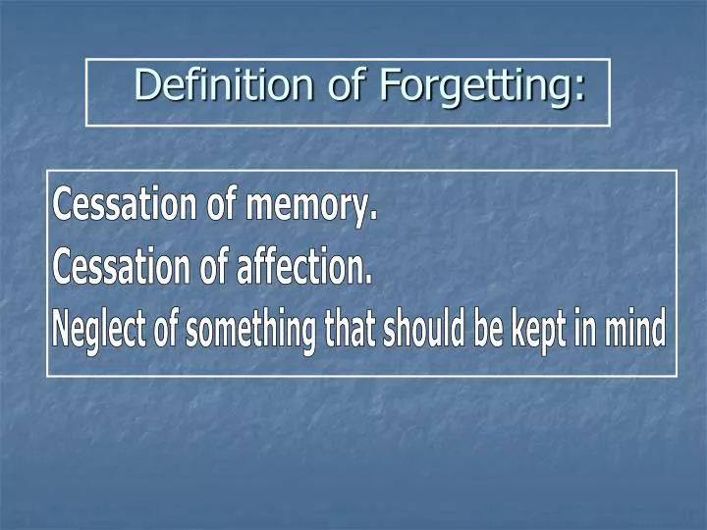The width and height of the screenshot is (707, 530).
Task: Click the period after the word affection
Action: pos(369,281)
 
